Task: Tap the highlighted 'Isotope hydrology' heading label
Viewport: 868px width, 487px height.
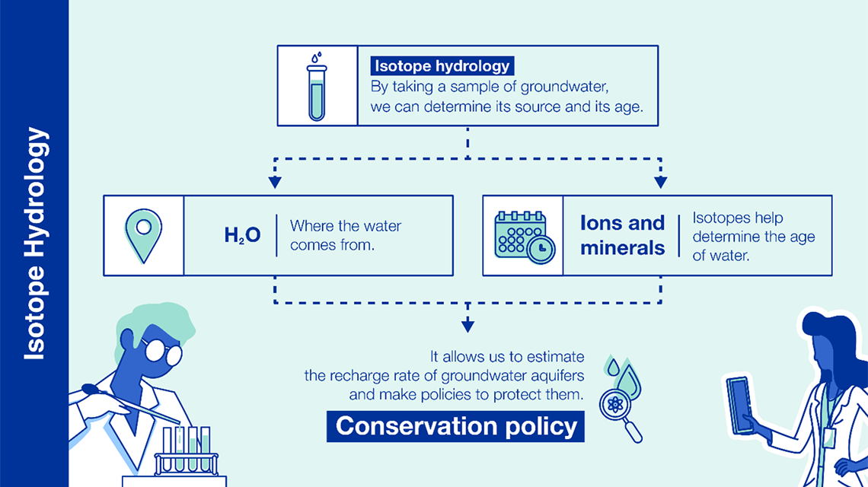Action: [x=442, y=66]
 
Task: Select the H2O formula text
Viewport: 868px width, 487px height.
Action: [x=242, y=235]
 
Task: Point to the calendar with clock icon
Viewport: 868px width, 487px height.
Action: [x=525, y=237]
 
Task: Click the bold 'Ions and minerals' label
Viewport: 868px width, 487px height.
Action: [x=622, y=235]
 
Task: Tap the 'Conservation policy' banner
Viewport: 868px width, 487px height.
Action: [x=455, y=426]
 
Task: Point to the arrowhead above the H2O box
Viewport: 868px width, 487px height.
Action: [x=275, y=182]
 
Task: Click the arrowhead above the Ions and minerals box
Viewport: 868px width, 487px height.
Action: [x=660, y=182]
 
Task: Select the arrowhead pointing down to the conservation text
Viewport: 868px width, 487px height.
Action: [x=468, y=325]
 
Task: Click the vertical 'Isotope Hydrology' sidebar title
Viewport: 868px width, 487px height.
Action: [x=35, y=243]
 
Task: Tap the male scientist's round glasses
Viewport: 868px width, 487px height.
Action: [x=162, y=351]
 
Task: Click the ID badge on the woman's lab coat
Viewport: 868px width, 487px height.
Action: [x=828, y=438]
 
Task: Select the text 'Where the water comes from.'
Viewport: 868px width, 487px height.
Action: [x=346, y=235]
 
